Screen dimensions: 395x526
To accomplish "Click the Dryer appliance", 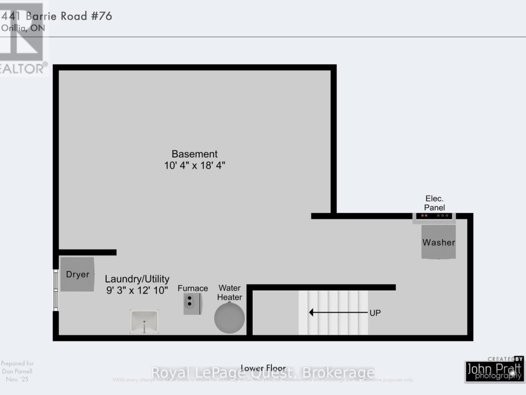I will [77, 275].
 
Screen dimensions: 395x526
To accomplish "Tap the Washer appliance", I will [438, 242].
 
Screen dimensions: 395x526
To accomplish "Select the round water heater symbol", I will [229, 317].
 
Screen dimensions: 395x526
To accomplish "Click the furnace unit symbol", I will [193, 304].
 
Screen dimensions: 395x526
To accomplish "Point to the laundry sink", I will [144, 321].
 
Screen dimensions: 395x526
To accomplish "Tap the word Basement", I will [194, 154].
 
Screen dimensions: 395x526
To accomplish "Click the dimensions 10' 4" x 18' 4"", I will [194, 166].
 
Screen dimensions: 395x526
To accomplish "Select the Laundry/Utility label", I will [137, 279].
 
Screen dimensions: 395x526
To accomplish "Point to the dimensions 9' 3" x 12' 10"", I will [137, 290].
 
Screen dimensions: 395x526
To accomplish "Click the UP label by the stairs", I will [375, 313].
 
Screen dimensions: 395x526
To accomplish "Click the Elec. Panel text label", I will [434, 203].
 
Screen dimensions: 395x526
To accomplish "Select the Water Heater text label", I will [229, 293].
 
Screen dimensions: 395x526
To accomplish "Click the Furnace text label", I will [193, 288].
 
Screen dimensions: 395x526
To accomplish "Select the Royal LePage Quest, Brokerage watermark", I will [263, 373].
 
